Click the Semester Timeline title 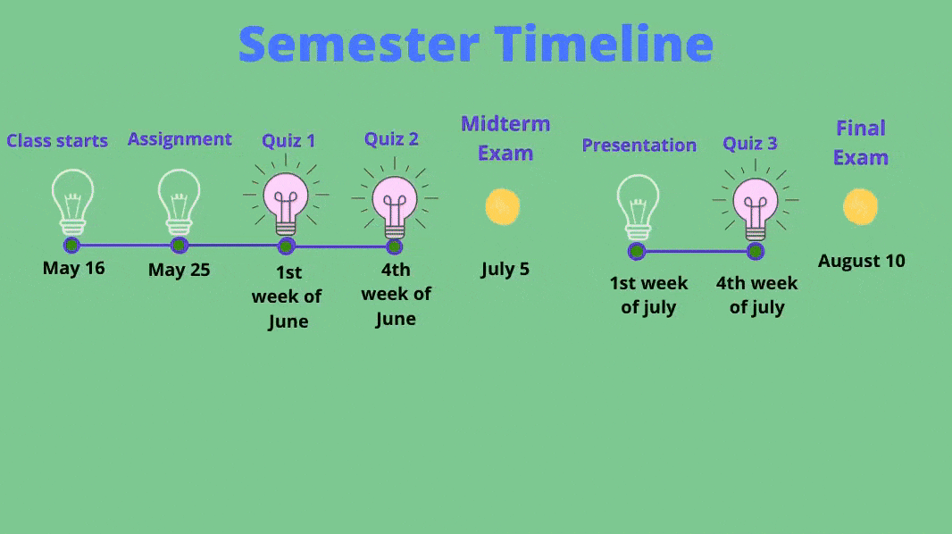[x=476, y=44]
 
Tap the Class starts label [x=57, y=141]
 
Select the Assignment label [x=180, y=140]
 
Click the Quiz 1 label [x=288, y=141]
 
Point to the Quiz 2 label [x=392, y=139]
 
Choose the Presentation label [x=639, y=145]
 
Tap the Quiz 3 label [x=750, y=144]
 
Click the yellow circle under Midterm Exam [x=503, y=207]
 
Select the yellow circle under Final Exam [x=860, y=207]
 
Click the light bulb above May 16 [x=73, y=202]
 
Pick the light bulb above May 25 [x=180, y=202]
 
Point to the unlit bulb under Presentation [x=639, y=207]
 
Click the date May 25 [x=180, y=270]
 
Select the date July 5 [x=505, y=269]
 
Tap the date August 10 [x=862, y=261]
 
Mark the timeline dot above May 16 [x=71, y=246]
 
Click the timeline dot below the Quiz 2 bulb [x=394, y=246]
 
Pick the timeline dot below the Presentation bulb [x=636, y=251]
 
